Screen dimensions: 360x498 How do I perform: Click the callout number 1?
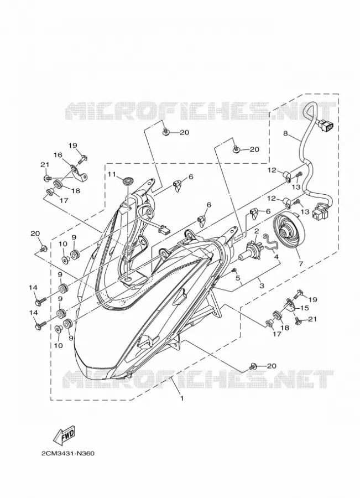182,398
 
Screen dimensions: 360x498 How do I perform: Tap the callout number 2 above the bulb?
257,230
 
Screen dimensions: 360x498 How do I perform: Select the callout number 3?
261,286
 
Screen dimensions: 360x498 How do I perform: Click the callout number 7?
300,263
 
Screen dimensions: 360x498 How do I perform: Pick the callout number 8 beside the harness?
285,134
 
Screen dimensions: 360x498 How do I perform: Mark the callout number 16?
58,155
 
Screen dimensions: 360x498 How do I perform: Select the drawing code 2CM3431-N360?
68,453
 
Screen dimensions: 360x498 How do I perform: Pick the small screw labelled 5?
234,269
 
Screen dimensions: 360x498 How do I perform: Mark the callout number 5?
237,278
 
